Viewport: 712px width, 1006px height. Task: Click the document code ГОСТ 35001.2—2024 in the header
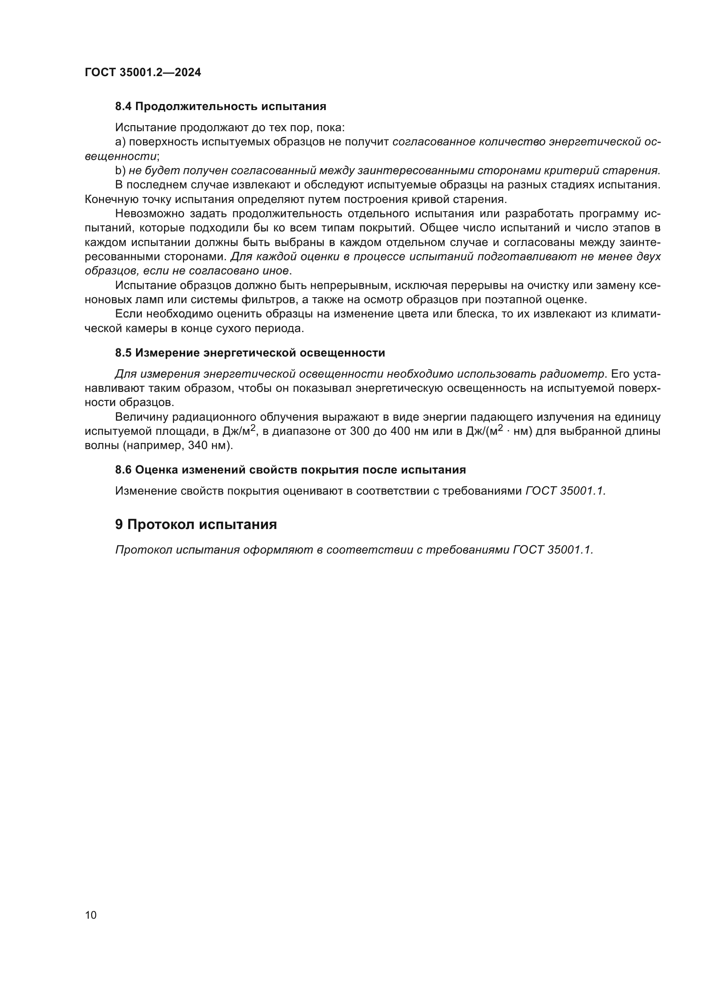coord(143,73)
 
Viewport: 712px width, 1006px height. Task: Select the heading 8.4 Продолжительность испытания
coord(220,107)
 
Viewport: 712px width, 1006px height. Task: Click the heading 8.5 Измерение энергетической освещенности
coord(250,353)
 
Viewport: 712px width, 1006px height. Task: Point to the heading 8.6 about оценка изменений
coord(290,470)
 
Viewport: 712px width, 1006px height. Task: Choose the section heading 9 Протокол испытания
coord(196,524)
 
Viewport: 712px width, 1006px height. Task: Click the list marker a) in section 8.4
coord(120,142)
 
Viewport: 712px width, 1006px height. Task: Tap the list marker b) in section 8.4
coord(120,170)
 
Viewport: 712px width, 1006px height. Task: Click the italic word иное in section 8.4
coord(275,271)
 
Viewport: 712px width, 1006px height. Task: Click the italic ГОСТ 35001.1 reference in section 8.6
coord(565,491)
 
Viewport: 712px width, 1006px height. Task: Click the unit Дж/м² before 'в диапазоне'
coord(238,431)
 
